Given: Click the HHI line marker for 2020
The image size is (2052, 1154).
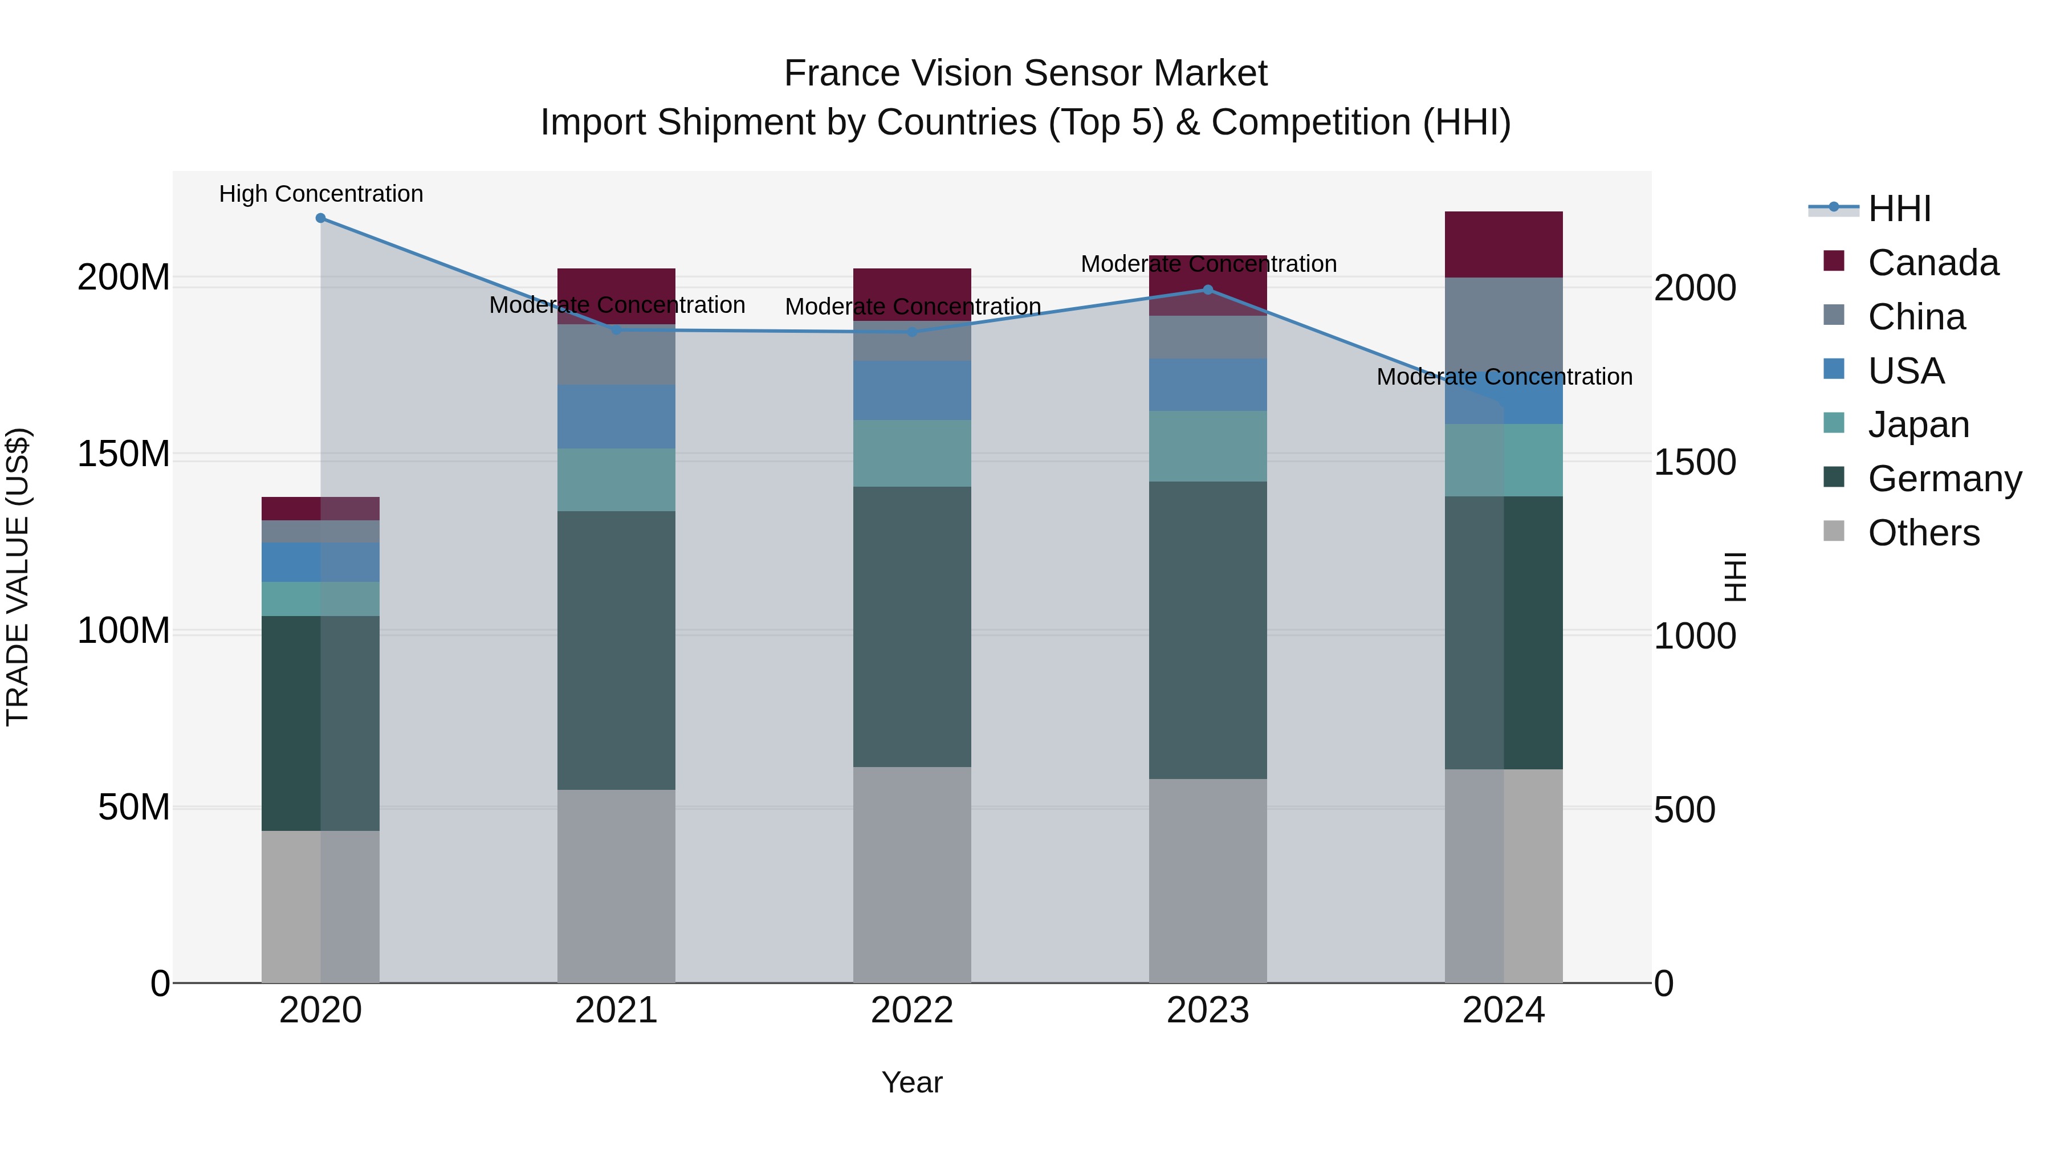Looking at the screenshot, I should tap(320, 218).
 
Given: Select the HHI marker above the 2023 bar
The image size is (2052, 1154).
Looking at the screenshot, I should tap(1208, 290).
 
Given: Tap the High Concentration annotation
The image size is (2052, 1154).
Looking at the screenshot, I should tap(321, 194).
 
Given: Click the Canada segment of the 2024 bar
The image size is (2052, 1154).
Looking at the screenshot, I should tap(1503, 244).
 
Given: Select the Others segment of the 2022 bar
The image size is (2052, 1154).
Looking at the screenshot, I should tap(912, 874).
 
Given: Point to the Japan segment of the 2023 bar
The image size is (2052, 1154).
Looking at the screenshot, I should tap(1208, 446).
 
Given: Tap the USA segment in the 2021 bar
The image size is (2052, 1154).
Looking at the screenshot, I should tap(616, 417).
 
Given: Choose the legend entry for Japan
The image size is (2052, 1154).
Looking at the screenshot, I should tap(1918, 425).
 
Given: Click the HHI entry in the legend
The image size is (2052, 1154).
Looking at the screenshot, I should tap(1899, 209).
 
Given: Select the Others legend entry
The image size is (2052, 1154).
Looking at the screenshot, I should tap(1923, 533).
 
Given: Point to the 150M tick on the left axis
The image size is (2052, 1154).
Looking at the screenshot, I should tap(124, 455).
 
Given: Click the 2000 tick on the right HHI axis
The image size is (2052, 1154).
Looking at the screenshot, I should tap(1695, 288).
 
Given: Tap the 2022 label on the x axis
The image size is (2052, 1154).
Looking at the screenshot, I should tap(912, 1010).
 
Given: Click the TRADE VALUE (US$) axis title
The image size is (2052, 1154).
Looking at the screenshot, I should tap(18, 577).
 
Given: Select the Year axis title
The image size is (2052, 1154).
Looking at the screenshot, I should tap(912, 1082).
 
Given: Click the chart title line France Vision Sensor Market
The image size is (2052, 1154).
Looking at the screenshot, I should tap(1025, 74).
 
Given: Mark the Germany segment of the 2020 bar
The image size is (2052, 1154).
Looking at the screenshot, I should tap(320, 723).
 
